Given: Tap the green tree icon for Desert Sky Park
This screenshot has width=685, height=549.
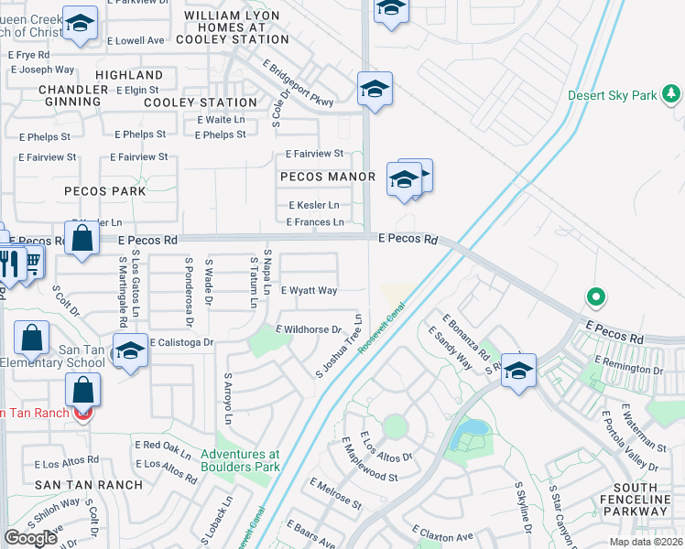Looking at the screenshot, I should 671,93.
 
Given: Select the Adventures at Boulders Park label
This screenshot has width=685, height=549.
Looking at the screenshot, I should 240,460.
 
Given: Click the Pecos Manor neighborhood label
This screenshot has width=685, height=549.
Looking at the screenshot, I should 328,177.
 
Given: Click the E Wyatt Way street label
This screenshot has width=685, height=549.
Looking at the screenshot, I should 309,290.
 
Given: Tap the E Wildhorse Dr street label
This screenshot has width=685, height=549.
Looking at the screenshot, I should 309,328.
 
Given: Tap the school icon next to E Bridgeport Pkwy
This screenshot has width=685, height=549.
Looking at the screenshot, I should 375,90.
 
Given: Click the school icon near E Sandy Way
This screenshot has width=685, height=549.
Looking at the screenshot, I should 518,371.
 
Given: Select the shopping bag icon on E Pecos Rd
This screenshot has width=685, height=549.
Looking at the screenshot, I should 82,239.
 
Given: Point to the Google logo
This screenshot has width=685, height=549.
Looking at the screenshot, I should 30,538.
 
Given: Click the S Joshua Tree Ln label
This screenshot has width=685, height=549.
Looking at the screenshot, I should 340,347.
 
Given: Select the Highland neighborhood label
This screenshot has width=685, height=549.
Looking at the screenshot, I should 129,75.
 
